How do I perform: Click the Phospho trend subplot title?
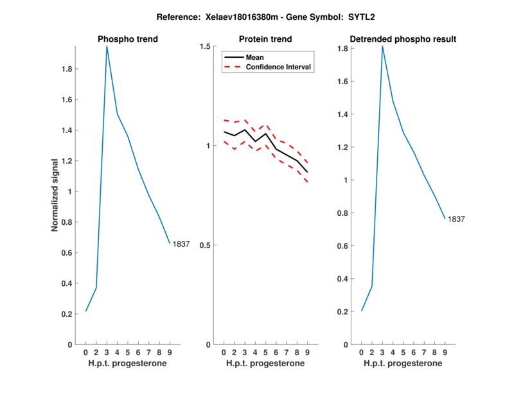click(x=128, y=39)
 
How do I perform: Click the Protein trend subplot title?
click(x=265, y=39)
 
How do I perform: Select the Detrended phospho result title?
click(x=403, y=39)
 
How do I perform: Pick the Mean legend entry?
click(x=255, y=57)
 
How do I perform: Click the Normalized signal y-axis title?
click(x=56, y=195)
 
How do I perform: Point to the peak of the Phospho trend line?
click(x=107, y=46)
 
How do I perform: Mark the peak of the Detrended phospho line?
click(x=382, y=46)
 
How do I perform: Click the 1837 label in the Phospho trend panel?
click(x=181, y=244)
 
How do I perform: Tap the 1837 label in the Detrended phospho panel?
click(x=456, y=219)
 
